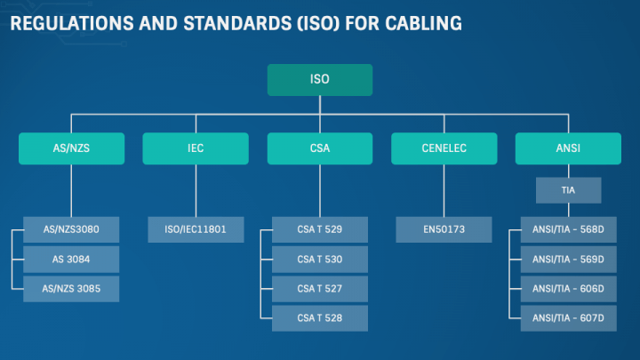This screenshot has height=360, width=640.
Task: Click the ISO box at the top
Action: [x=319, y=79]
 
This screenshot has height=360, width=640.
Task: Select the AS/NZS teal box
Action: [x=71, y=148]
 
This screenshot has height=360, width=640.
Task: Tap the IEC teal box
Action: [x=196, y=148]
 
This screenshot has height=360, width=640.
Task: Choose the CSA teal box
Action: [x=319, y=148]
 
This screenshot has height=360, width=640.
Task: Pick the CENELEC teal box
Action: [x=444, y=148]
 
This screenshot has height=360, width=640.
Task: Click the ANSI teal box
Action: [x=568, y=148]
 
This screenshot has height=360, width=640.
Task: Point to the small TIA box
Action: [x=568, y=190]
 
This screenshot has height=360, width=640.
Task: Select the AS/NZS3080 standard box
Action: [x=71, y=229]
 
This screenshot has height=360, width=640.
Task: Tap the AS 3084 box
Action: [x=71, y=259]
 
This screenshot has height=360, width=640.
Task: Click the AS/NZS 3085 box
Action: [x=71, y=288]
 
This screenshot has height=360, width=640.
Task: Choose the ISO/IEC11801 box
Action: [x=196, y=229]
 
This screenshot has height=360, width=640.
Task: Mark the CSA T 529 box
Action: [x=319, y=229]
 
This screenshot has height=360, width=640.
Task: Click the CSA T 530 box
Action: [x=319, y=259]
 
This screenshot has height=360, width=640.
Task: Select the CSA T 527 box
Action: [x=319, y=288]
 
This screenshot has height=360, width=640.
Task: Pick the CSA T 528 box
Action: [x=319, y=317]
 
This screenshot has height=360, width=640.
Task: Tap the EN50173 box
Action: [x=444, y=229]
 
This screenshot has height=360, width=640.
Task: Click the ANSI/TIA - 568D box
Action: [x=568, y=229]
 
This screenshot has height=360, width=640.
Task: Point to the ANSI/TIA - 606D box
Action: [x=568, y=288]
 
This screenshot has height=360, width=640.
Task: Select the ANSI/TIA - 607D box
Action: [x=568, y=317]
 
